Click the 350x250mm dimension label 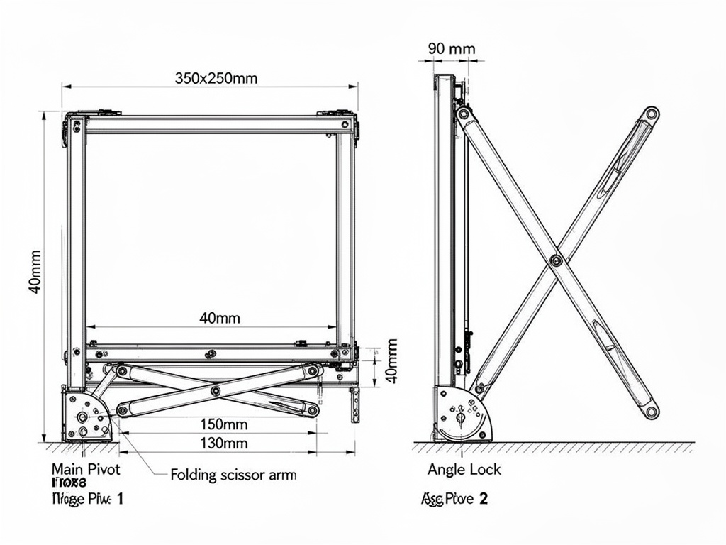point(216,78)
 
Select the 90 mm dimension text point(452,49)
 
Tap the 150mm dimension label point(224,424)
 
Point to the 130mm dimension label point(224,444)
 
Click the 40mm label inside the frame point(219,318)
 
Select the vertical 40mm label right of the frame point(390,360)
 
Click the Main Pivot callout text point(86,469)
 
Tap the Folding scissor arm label point(233,475)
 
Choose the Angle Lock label point(464,469)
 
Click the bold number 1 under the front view point(120,499)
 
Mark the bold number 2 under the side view point(484,499)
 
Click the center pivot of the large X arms point(556,261)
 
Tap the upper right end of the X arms point(651,113)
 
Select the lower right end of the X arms point(651,411)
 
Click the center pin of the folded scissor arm point(216,390)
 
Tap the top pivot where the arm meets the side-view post point(463,114)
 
